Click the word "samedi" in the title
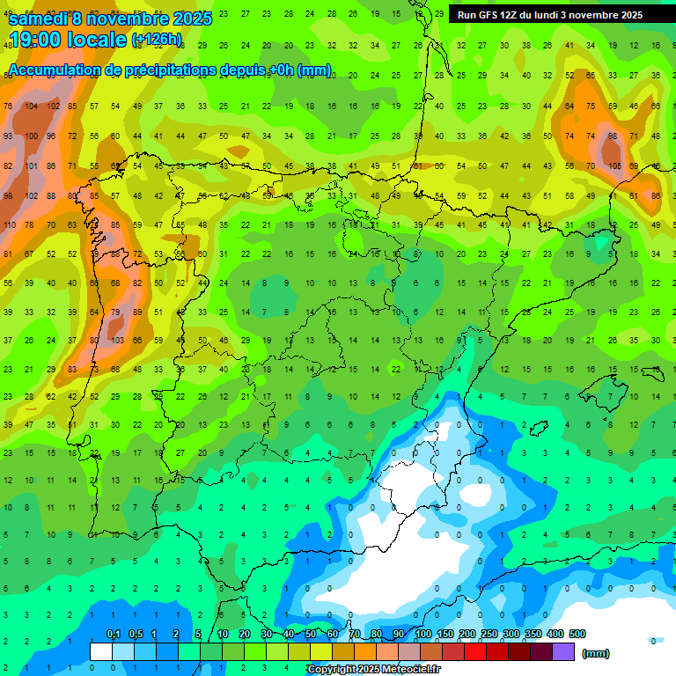40,18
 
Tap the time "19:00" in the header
35,40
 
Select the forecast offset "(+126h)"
156,40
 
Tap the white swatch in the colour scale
101,652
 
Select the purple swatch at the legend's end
563,652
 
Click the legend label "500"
577,635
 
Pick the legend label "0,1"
114,635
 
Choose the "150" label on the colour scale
445,635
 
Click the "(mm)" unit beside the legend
596,653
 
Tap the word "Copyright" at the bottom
333,670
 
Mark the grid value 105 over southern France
614,165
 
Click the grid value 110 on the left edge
9,225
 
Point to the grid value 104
32,107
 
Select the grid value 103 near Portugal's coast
116,341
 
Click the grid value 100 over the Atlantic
32,136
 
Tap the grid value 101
32,165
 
